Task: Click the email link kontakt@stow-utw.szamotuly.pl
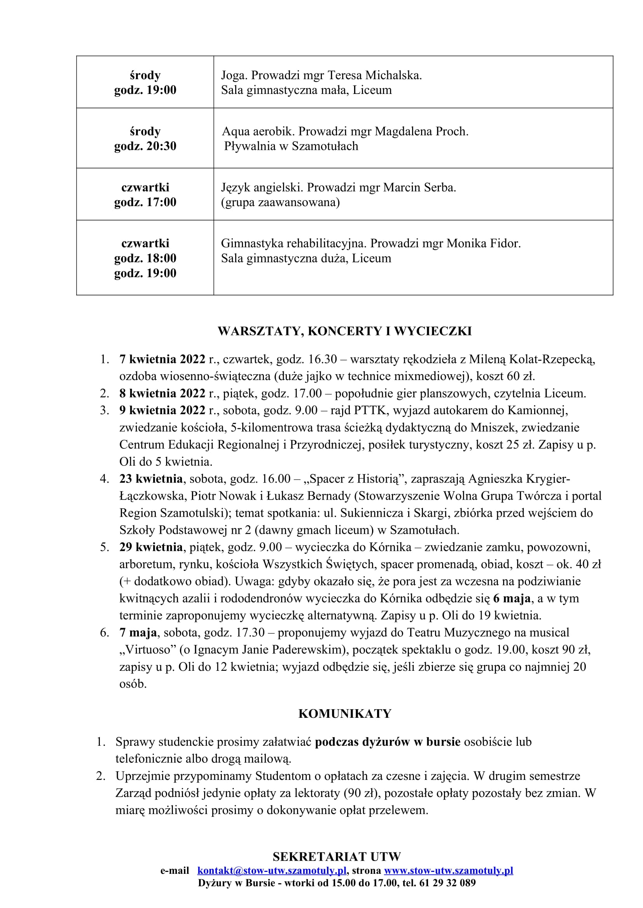[272, 870]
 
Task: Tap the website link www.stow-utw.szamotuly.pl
[448, 870]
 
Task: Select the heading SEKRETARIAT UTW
[337, 857]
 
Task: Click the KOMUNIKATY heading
[344, 714]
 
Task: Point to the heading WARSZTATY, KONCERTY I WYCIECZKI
[344, 331]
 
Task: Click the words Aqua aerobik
[258, 131]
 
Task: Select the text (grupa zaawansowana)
[280, 203]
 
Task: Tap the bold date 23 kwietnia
[151, 479]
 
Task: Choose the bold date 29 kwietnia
[151, 547]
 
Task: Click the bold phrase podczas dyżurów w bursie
[387, 742]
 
